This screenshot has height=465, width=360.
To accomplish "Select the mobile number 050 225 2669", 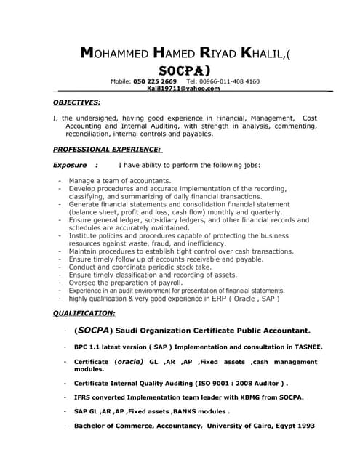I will pos(155,81).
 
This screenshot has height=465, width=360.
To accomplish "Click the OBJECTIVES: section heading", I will pos(77,102).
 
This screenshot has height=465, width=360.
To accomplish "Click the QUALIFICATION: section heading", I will pos(84,313).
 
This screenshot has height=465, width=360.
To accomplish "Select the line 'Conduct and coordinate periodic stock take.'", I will pos(140,267).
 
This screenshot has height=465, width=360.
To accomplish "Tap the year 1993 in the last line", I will pos(305,426).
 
